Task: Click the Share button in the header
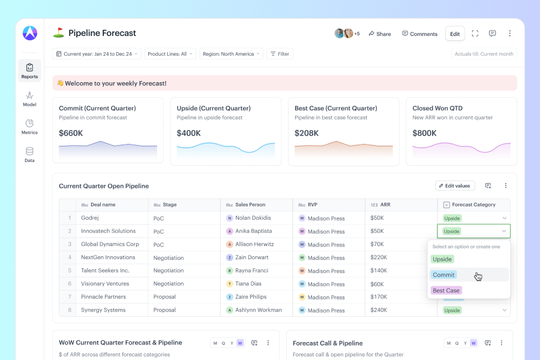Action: (380, 34)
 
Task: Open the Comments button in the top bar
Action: (420, 34)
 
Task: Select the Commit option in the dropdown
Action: (443, 275)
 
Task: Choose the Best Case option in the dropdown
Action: (446, 290)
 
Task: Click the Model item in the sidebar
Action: (29, 99)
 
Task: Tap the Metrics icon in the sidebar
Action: (29, 123)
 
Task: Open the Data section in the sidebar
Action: (29, 155)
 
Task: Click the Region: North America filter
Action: (231, 54)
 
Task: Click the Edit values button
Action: (455, 185)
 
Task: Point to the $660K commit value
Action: (71, 133)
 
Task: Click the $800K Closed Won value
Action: (425, 133)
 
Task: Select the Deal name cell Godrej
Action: (90, 218)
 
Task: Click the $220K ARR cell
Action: (379, 257)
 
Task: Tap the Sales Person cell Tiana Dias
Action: (248, 284)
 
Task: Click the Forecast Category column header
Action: (473, 205)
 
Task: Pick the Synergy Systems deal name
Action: (103, 310)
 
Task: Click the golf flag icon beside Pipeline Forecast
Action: (59, 33)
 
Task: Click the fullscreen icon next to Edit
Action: (475, 34)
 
